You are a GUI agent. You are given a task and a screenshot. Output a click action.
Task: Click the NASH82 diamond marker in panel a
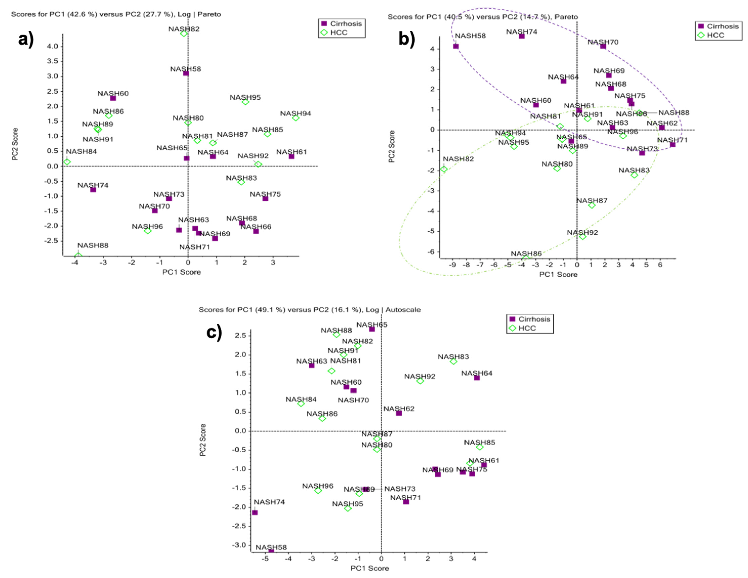184,34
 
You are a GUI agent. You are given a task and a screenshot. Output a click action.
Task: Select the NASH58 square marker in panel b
456,46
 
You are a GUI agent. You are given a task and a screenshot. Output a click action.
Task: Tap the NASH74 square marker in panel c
255,512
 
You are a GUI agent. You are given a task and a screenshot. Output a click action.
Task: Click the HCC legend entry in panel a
338,32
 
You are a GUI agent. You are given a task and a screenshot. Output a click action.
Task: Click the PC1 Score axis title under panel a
182,272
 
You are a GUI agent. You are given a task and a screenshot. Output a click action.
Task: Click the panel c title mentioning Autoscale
310,309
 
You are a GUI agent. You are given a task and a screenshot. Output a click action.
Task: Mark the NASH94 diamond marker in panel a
296,118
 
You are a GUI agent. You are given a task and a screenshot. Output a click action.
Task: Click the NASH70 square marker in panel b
603,46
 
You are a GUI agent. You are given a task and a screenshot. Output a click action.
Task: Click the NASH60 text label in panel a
113,94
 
